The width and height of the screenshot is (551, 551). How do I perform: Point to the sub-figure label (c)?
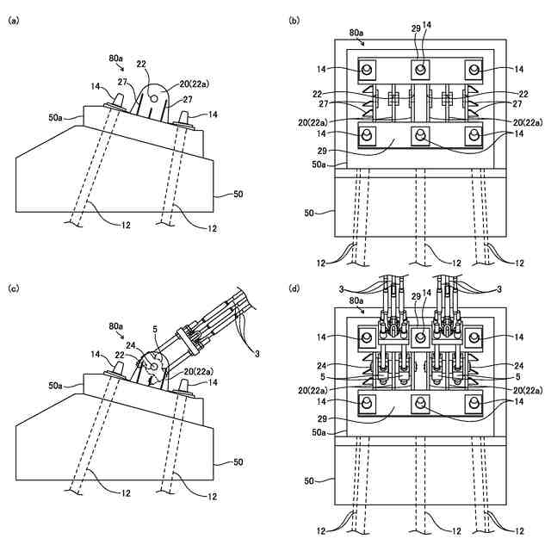(12, 287)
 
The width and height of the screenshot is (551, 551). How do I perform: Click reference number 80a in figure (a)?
(115, 59)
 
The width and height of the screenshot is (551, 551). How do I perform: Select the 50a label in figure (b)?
(319, 163)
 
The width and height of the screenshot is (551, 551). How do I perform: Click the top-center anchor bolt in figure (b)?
(419, 69)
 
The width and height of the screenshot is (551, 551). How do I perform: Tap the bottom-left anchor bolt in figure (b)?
(368, 134)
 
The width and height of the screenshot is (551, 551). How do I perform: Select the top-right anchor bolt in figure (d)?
(471, 336)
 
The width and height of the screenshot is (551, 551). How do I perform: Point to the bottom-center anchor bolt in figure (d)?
(419, 401)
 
